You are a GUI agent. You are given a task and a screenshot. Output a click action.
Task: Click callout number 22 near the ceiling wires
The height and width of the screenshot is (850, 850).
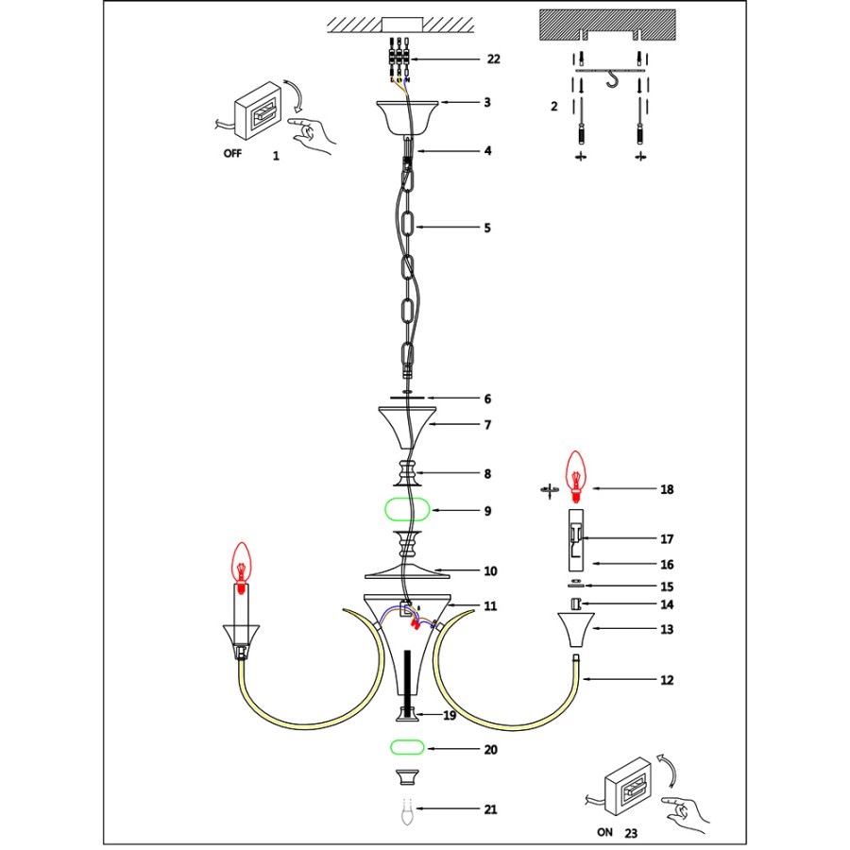click(493, 59)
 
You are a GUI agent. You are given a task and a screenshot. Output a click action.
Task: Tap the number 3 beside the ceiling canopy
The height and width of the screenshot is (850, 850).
click(487, 102)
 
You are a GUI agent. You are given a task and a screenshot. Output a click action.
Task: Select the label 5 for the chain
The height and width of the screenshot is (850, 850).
click(487, 228)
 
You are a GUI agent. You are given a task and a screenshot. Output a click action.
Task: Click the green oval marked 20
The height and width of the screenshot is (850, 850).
click(407, 749)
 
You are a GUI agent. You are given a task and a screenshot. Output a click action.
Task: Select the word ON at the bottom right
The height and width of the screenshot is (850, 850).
click(604, 834)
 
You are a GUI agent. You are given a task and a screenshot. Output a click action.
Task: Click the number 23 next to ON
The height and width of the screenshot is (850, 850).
click(631, 834)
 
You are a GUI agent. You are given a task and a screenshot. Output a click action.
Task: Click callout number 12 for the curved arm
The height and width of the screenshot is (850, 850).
click(667, 680)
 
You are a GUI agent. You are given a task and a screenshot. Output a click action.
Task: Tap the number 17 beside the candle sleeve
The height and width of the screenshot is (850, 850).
click(667, 539)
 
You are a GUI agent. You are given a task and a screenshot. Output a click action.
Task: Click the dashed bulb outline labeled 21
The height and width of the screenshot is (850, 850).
click(407, 811)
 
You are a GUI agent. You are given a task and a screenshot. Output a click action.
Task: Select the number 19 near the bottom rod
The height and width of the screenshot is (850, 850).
click(450, 716)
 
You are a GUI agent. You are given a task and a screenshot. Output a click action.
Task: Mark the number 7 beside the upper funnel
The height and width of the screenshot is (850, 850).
click(487, 426)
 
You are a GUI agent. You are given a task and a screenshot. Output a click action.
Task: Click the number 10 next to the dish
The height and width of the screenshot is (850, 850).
click(490, 571)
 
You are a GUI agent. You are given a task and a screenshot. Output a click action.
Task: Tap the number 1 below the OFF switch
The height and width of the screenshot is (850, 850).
click(276, 157)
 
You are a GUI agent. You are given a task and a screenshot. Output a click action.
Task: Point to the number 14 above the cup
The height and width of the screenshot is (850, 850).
click(667, 604)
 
